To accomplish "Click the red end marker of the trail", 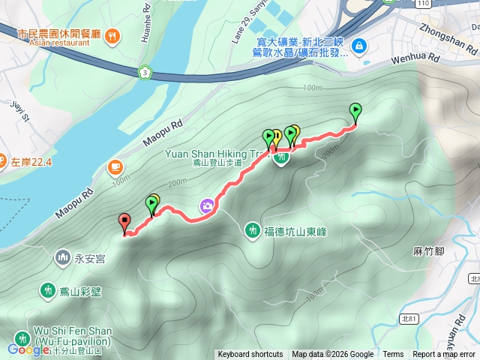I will pyautogui.click(x=124, y=221).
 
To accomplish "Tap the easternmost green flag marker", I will pyautogui.click(x=355, y=111).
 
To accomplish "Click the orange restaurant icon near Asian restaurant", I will pyautogui.click(x=112, y=34).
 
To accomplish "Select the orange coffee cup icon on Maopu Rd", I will pyautogui.click(x=114, y=166).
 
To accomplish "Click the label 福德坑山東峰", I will pyautogui.click(x=289, y=229).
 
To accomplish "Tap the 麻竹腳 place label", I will pyautogui.click(x=430, y=250).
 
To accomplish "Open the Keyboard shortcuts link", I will pyautogui.click(x=250, y=355).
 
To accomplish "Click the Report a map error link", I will pyautogui.click(x=445, y=355).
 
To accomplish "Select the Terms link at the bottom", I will pyautogui.click(x=393, y=355).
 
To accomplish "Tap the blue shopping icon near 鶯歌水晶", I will pyautogui.click(x=360, y=45).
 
